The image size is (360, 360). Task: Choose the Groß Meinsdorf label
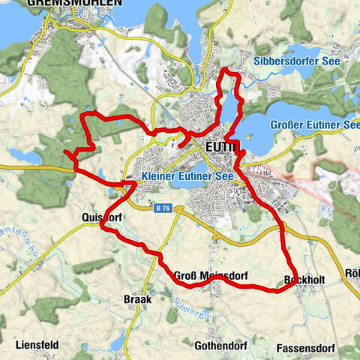(211, 276)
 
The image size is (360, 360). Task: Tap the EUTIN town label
(220, 147)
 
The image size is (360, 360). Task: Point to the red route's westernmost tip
(65, 152)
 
